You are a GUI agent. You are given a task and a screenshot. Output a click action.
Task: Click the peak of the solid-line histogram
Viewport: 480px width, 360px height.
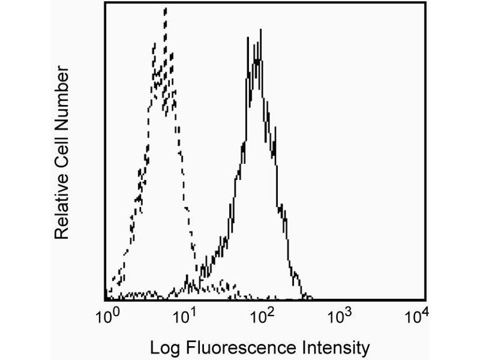click(260, 29)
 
